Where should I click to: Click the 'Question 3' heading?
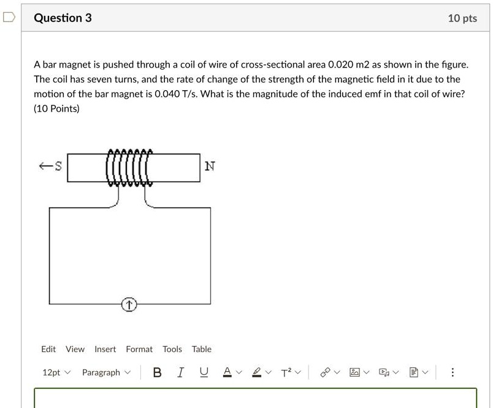pyautogui.click(x=63, y=18)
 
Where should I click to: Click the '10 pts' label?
pyautogui.click(x=462, y=18)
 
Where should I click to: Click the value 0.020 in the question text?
pyautogui.click(x=341, y=64)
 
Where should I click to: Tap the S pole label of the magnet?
pyautogui.click(x=58, y=166)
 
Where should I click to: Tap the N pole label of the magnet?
pyautogui.click(x=210, y=166)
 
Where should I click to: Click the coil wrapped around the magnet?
pyautogui.click(x=129, y=167)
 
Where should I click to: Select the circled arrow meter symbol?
pyautogui.click(x=129, y=304)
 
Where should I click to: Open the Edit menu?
pyautogui.click(x=48, y=349)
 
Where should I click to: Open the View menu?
pyautogui.click(x=75, y=349)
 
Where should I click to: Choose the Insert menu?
pyautogui.click(x=105, y=349)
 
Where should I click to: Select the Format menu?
pyautogui.click(x=139, y=349)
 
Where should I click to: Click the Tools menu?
pyautogui.click(x=172, y=349)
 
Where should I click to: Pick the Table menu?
pyautogui.click(x=201, y=349)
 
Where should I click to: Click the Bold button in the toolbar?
pyautogui.click(x=158, y=372)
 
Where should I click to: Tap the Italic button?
pyautogui.click(x=180, y=372)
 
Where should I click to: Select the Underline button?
pyautogui.click(x=204, y=372)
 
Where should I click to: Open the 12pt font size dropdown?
pyautogui.click(x=56, y=372)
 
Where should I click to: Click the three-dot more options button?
pyautogui.click(x=453, y=372)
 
